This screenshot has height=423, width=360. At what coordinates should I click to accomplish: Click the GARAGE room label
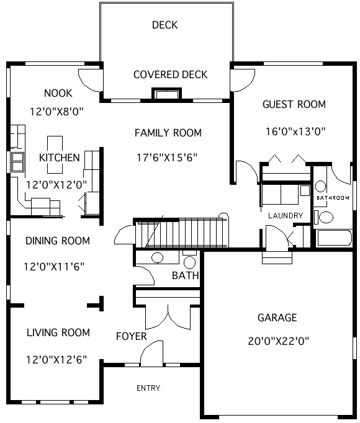click(277, 318)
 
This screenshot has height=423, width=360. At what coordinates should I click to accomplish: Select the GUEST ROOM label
click(294, 104)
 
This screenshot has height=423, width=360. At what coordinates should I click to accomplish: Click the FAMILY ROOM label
click(168, 133)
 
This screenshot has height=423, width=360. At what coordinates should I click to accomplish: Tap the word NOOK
click(58, 93)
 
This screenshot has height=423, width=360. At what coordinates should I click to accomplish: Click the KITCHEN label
click(59, 158)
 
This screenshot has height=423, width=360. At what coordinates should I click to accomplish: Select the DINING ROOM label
click(57, 241)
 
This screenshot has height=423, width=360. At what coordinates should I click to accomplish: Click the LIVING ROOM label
click(58, 332)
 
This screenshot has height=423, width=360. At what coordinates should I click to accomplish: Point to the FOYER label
click(132, 336)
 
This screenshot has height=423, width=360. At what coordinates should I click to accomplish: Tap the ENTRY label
click(148, 388)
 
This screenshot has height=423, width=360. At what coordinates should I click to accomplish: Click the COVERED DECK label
click(170, 75)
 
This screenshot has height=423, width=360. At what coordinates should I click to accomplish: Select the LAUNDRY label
click(285, 216)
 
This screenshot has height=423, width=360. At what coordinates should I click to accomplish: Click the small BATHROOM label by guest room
click(333, 198)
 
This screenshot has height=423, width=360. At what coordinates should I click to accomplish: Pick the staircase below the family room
click(180, 233)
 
